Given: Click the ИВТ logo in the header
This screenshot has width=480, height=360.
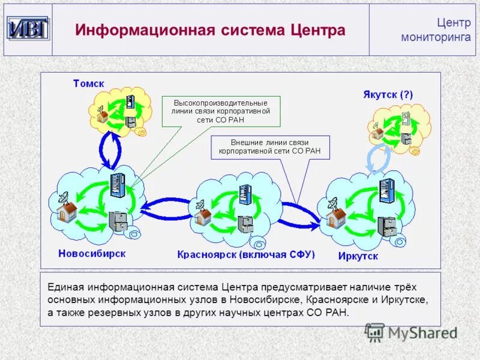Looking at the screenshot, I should point(28,29).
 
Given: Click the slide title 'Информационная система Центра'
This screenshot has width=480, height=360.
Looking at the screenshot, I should point(210,30).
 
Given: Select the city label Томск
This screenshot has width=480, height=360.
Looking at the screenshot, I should point(89,83).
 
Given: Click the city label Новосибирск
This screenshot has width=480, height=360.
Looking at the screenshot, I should point(92,253).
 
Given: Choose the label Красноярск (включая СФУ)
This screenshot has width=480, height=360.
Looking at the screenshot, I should point(246,254).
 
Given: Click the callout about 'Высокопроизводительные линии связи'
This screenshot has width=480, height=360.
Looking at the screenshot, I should point(221,111).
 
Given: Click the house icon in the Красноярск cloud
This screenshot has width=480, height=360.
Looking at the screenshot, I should point(203,217).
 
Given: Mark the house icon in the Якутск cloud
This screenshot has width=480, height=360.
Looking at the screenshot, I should point(377,133).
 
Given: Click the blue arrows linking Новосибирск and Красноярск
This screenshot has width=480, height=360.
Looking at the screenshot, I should point(166,208).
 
